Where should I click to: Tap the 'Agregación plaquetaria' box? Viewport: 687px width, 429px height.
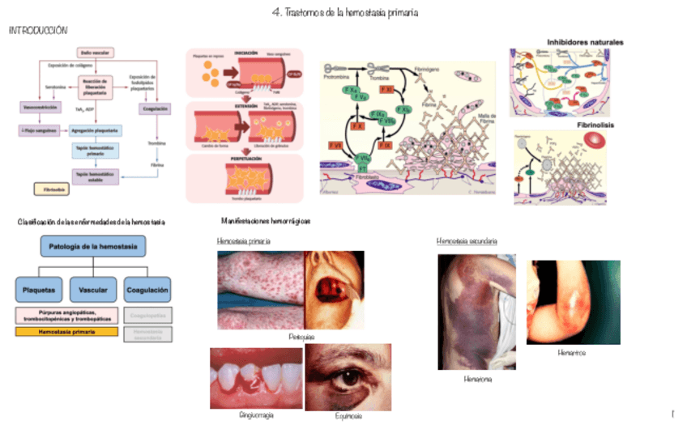(x=96, y=130)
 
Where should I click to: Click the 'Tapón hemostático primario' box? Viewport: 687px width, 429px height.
(x=96, y=151)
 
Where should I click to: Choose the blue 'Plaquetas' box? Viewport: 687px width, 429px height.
(x=39, y=288)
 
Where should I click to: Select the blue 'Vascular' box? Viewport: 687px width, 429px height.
(x=93, y=288)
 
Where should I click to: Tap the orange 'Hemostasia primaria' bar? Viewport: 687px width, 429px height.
(x=66, y=332)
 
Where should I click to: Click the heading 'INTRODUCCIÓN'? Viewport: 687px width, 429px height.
(x=38, y=30)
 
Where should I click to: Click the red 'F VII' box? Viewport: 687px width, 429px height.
(x=335, y=144)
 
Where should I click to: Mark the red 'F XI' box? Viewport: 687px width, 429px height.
(x=386, y=91)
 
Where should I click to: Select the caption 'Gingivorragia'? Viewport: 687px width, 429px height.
(x=257, y=414)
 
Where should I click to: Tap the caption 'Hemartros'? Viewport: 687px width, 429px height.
(x=572, y=353)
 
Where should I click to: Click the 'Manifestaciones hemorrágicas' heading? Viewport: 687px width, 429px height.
(x=266, y=220)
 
